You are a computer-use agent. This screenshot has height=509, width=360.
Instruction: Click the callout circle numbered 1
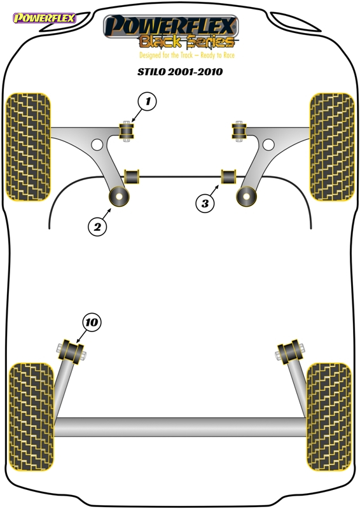148,102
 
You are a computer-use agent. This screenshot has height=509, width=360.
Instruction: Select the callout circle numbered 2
97,227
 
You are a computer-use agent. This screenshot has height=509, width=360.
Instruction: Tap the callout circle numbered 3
205,204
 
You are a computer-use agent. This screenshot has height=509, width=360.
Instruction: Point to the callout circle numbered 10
92,323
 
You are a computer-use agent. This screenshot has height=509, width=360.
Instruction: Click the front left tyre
28,147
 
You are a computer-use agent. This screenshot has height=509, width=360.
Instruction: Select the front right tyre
332,147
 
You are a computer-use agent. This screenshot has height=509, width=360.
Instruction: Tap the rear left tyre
31,417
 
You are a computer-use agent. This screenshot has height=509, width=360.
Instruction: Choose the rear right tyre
329,417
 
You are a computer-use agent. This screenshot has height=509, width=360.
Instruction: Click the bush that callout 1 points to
127,131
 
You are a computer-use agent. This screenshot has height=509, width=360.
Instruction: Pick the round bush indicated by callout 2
119,197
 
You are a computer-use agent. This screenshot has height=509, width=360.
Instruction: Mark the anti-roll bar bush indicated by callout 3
229,176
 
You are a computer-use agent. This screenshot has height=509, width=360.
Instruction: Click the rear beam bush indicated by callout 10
71,352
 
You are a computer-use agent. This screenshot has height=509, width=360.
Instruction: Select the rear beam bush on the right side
290,352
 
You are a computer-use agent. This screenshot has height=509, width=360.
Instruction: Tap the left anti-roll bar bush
132,176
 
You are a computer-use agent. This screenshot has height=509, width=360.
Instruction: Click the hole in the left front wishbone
97,144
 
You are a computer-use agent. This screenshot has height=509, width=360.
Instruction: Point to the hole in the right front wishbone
268,144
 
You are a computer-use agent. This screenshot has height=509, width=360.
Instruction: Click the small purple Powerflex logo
44,18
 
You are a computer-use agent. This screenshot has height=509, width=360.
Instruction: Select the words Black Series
186,41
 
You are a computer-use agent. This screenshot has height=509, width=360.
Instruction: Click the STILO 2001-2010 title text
180,71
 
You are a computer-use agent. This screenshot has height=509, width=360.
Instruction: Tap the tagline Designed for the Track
166,55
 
